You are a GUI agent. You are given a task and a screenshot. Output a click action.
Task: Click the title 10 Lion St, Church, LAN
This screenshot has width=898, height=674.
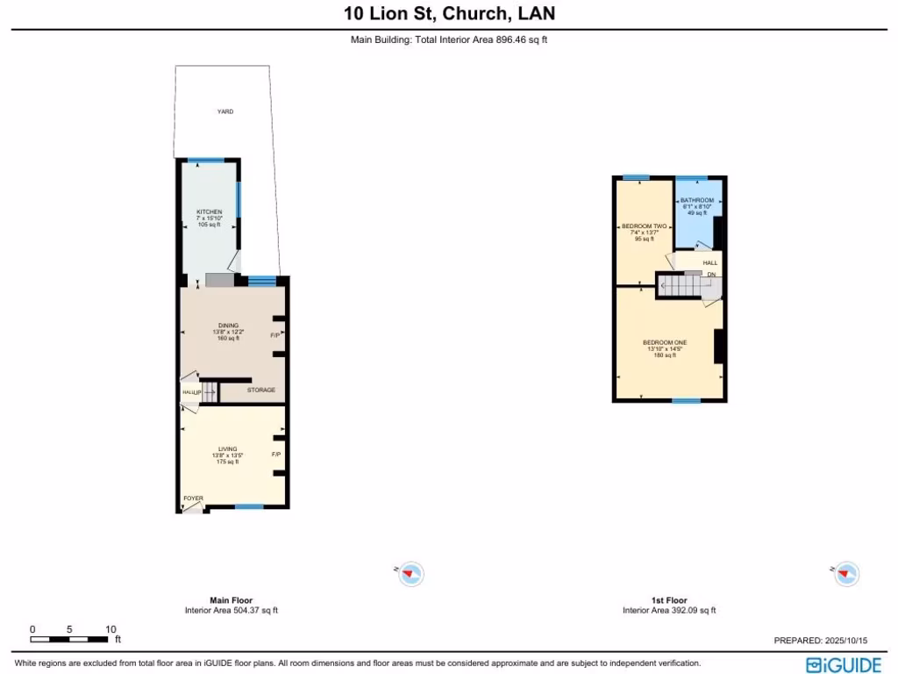pos(449,14)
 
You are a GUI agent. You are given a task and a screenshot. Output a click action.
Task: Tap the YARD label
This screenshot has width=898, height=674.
pos(225,111)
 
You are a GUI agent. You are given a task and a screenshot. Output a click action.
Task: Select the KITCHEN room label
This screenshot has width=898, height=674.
pos(209,212)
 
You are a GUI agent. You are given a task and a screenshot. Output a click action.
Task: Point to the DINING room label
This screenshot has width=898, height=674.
pos(228,326)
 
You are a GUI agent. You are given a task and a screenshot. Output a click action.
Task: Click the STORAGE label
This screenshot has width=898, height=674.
pos(260,390)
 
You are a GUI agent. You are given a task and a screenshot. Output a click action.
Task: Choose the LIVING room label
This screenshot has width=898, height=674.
pos(227,449)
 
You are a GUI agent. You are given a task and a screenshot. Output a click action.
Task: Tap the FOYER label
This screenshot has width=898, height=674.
pos(193,498)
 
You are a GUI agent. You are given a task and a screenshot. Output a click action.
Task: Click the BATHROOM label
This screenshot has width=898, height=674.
pos(697,200)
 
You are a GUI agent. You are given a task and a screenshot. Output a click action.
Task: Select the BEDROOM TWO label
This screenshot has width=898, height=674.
pos(645,226)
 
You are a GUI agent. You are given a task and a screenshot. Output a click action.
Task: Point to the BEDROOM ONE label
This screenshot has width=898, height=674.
pos(664,342)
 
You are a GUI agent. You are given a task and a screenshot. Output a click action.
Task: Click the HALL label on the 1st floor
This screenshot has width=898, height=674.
pos(709,262)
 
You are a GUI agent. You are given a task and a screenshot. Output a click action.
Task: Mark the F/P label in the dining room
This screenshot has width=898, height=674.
pos(275,335)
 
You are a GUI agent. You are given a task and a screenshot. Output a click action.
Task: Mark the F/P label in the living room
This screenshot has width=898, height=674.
pos(275,455)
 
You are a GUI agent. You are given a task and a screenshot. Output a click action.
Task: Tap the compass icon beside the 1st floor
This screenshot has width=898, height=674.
pos(845,574)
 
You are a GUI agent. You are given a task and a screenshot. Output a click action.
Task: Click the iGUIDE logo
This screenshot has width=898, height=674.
pos(845,664)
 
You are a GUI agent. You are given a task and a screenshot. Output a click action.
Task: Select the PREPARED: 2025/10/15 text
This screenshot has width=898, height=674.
pos(819,641)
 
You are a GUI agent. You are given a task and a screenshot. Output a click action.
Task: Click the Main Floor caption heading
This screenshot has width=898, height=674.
pos(231,600)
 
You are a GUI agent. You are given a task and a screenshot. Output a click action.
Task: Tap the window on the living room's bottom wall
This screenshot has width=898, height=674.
pos(249,507)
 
